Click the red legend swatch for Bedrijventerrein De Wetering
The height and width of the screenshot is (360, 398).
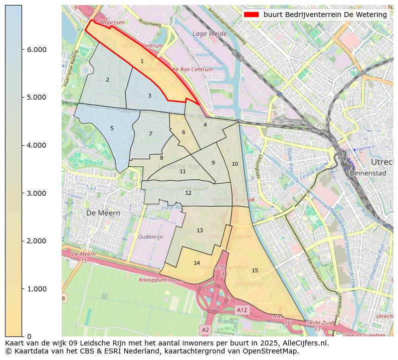252,15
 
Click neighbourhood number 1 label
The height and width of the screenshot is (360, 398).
142,61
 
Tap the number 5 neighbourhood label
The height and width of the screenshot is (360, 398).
112,128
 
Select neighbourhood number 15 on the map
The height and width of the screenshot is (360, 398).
255,270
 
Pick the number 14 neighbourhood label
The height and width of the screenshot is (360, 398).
196,263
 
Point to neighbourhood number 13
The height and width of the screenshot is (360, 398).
200,230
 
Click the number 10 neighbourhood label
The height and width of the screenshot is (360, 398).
235,164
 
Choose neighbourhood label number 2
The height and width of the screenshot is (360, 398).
107,80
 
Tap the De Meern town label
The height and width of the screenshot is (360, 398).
103,212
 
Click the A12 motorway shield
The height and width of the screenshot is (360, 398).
242,310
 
